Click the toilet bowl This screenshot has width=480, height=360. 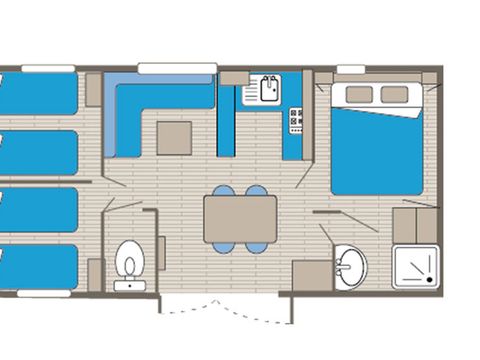[x=129, y=264]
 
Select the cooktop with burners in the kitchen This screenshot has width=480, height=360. [x=296, y=120]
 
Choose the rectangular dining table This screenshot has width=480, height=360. [x=241, y=218]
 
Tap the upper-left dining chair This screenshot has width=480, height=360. [x=224, y=191]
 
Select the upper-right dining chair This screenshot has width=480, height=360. [x=258, y=191]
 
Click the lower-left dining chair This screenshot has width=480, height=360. [x=224, y=246]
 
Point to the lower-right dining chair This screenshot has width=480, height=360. [x=258, y=246]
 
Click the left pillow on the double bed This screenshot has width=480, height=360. [x=359, y=94]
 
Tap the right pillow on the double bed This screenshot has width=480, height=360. [x=395, y=94]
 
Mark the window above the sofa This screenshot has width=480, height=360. [x=177, y=68]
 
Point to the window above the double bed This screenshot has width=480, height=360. [x=350, y=69]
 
